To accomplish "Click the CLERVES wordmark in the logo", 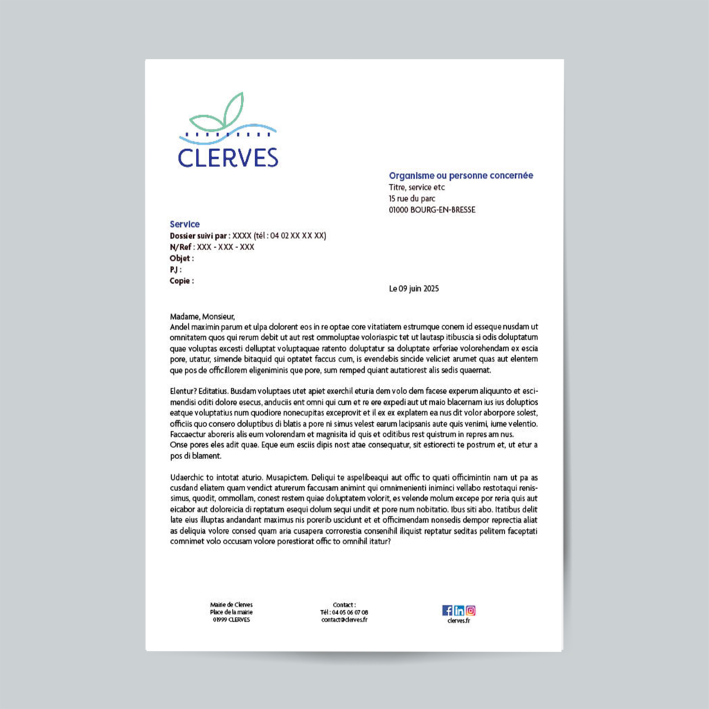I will click(x=228, y=158).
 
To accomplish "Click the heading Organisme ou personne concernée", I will click(x=460, y=176).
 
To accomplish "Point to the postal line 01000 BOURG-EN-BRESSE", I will click(x=432, y=210).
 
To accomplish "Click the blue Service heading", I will click(x=185, y=224).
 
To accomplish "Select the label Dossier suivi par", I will click(x=199, y=235).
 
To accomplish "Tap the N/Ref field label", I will click(x=181, y=247).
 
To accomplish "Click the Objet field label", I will click(x=181, y=258).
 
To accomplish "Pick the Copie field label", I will click(x=181, y=281).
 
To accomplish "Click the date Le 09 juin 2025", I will click(x=414, y=289).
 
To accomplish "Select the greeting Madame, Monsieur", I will click(x=202, y=316).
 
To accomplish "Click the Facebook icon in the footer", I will click(x=447, y=611).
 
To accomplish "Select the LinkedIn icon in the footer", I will click(x=459, y=611).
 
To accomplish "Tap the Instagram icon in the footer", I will click(x=471, y=611).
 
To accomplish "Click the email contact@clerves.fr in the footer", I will click(x=344, y=620).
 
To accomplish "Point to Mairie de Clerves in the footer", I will click(x=231, y=604).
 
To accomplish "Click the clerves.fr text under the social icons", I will click(x=459, y=621).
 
